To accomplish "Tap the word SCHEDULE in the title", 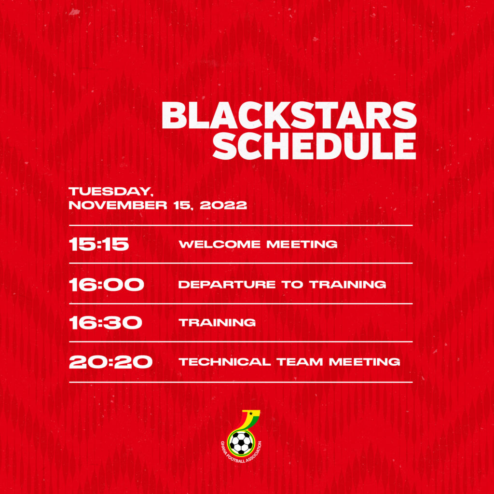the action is [x=315, y=146].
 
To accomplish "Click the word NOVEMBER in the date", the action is [x=118, y=205].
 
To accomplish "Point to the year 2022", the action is [x=223, y=205].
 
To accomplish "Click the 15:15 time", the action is [x=99, y=244].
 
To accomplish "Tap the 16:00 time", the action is [x=107, y=285].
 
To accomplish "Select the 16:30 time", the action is [x=106, y=323].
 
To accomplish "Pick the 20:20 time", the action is [x=110, y=362].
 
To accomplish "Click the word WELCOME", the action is [x=220, y=244].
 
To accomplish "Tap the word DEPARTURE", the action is [x=227, y=285].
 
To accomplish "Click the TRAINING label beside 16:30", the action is [x=217, y=323].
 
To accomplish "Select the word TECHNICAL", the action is [x=225, y=362].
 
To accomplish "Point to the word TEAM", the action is [x=300, y=362].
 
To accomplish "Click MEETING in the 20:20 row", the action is [x=365, y=362].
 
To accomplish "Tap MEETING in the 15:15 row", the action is [x=302, y=244].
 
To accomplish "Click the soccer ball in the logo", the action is [x=241, y=443].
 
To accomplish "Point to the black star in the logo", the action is [x=251, y=413].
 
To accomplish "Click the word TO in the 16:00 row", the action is [x=292, y=285].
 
